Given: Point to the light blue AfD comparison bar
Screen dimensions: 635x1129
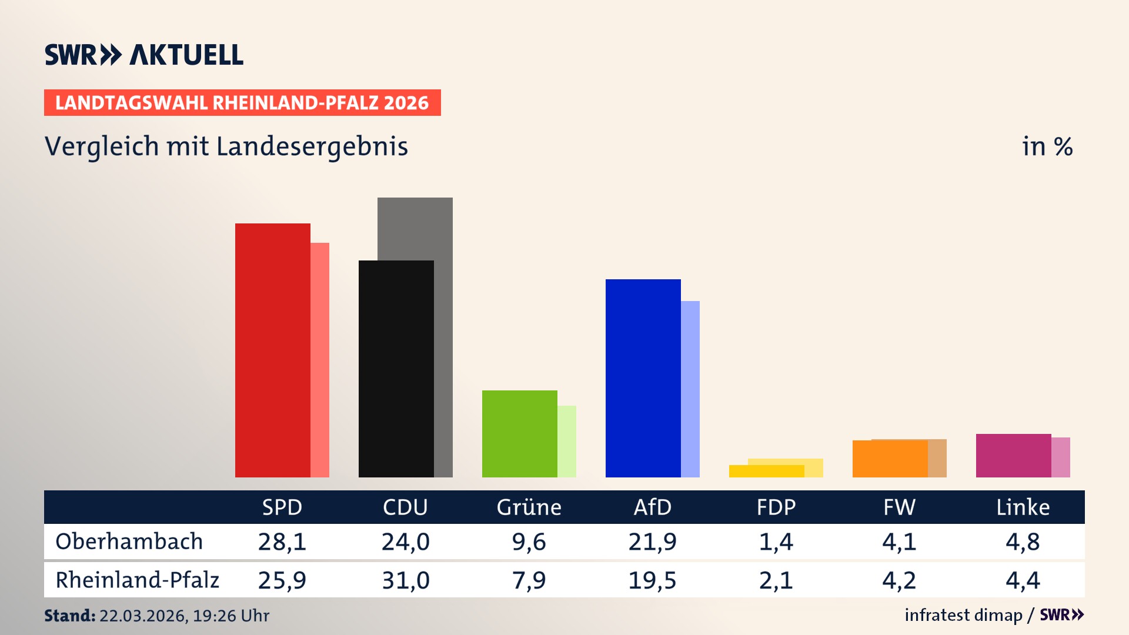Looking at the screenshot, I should [x=690, y=389].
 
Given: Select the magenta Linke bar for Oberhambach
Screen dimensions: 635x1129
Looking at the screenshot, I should [x=1013, y=455].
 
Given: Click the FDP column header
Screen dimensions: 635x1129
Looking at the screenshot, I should [x=776, y=507].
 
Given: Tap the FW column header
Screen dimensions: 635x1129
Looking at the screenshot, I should [x=899, y=507].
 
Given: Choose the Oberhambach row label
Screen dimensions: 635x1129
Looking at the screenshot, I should [x=129, y=542].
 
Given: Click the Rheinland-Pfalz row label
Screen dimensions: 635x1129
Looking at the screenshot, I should [x=137, y=580].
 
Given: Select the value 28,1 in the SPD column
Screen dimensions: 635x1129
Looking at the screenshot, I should [x=282, y=542].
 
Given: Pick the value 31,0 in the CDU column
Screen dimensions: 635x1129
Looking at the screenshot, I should [x=405, y=580].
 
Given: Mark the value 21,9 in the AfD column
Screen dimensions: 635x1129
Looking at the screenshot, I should [x=652, y=542].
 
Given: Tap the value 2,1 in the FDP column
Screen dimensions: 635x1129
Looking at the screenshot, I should [x=776, y=580].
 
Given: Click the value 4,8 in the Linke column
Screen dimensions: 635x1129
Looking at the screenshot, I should [x=1023, y=542].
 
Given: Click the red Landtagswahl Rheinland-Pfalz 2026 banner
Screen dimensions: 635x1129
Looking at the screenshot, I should [x=242, y=103].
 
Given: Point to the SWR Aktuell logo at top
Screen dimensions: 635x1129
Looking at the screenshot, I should [x=144, y=55].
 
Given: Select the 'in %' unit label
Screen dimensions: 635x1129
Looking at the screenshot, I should [x=1047, y=146].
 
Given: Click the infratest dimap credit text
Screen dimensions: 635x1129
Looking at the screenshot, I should [x=963, y=615].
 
